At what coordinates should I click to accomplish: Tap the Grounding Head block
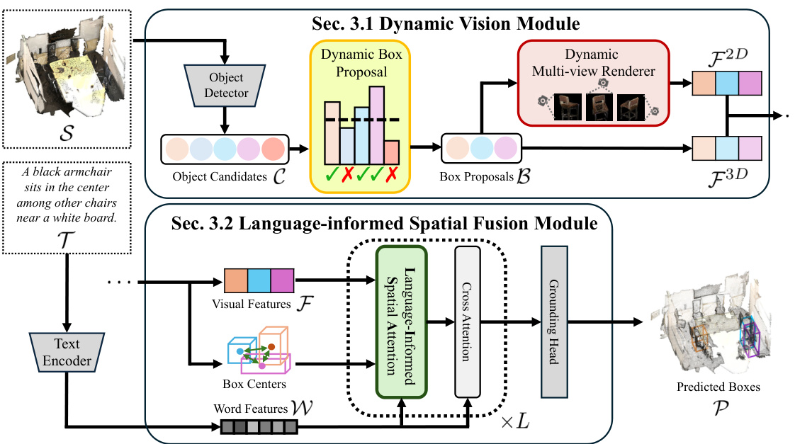point(555,321)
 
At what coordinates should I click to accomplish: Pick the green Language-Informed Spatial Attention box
point(402,322)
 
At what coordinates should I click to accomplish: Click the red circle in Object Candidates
point(273,150)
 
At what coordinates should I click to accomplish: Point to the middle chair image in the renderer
point(599,106)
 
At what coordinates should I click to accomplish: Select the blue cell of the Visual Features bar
point(259,281)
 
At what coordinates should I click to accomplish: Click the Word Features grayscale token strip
point(259,427)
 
